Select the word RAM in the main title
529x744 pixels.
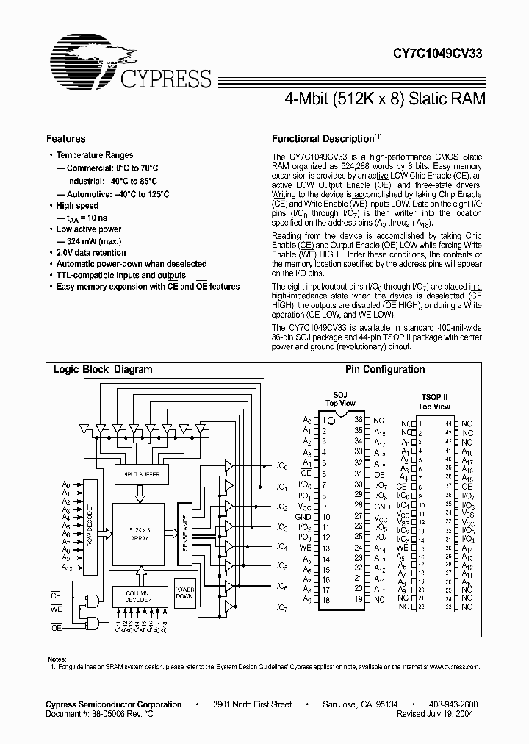(x=468, y=99)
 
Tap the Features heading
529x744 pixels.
(x=66, y=139)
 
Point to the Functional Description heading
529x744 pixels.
(x=323, y=139)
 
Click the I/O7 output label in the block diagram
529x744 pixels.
(x=280, y=607)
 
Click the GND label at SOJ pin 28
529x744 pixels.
(x=381, y=507)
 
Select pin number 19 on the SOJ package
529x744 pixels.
(x=359, y=599)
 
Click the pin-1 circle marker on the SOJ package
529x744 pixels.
(x=332, y=421)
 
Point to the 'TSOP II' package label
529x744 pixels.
(x=434, y=396)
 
